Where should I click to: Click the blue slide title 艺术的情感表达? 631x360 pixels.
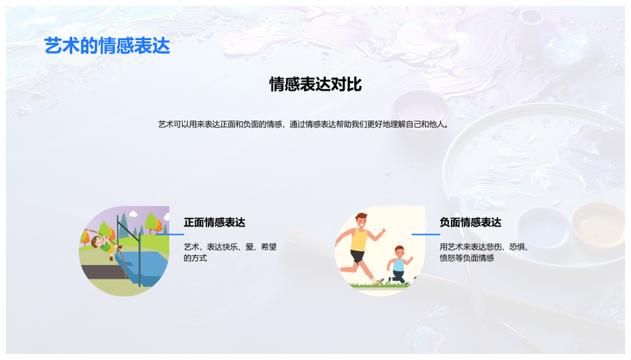107,45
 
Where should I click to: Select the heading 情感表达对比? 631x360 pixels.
315,85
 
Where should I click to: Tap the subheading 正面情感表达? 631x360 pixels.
214,223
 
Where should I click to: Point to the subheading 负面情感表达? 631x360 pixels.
471,223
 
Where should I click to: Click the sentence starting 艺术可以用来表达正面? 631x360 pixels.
304,124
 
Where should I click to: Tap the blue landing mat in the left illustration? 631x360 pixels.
142,268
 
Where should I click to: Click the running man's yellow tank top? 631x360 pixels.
359,240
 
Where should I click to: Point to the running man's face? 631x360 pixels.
362,222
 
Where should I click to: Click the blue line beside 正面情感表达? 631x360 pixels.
170,234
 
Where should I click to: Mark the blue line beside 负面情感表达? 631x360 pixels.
426,234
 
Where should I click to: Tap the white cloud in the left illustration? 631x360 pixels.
133,215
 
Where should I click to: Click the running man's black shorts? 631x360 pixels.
357,256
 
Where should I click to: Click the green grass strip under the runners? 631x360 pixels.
379,285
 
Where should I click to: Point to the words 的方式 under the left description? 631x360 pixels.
196,258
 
